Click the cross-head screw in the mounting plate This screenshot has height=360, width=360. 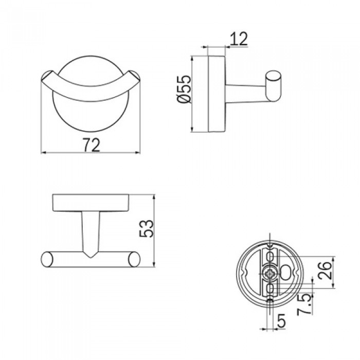coord(270,273)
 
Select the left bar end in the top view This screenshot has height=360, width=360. coord(46,259)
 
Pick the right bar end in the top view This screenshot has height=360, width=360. coord(134,259)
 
